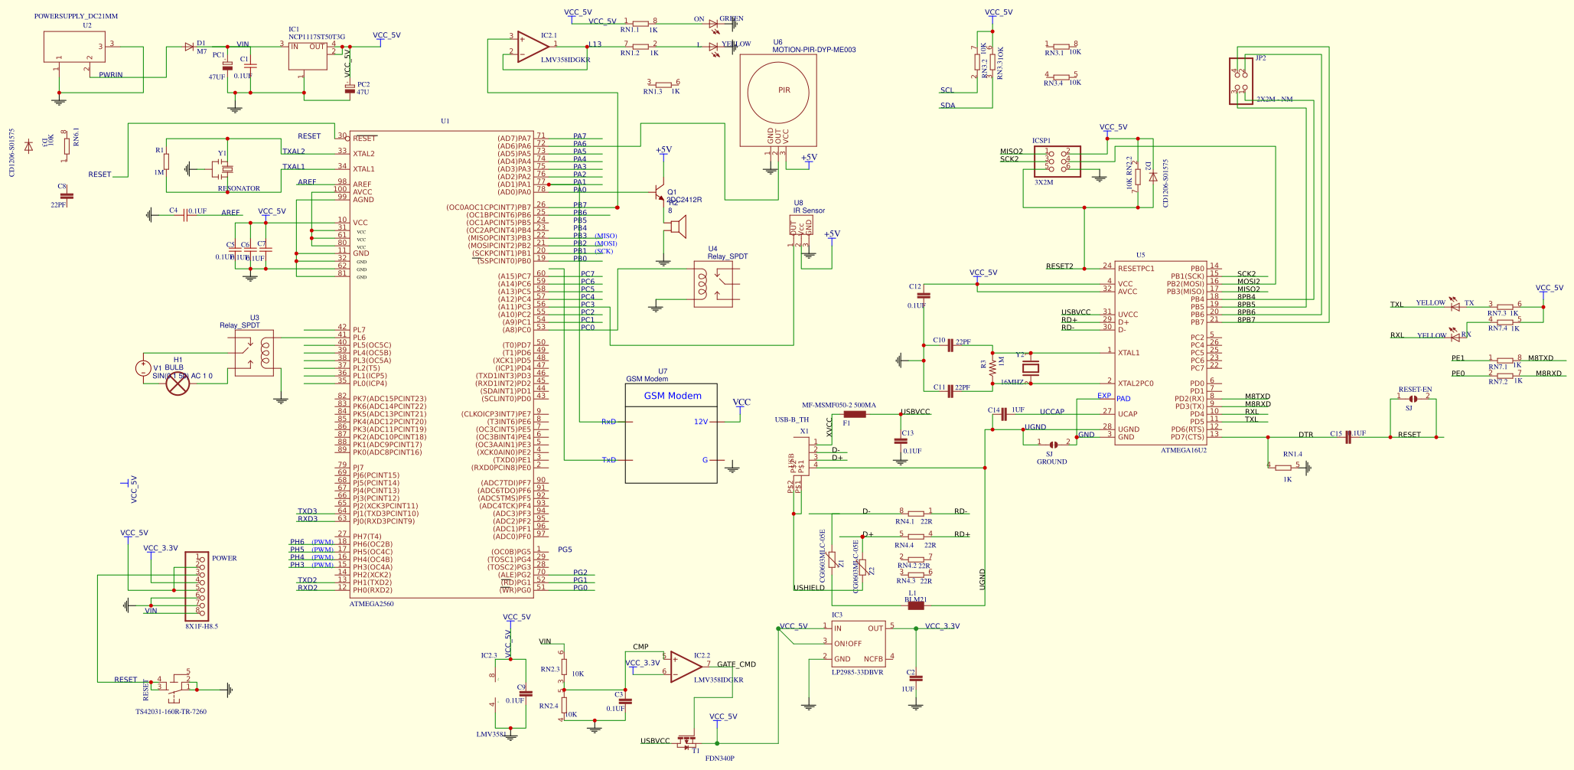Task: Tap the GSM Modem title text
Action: [x=673, y=396]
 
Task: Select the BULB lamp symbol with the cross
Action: [x=178, y=384]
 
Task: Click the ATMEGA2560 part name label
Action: [x=371, y=604]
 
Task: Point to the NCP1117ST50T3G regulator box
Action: [x=308, y=56]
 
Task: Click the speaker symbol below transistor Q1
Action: [x=677, y=227]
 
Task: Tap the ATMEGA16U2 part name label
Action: [x=1184, y=450]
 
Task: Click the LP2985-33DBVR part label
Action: [x=857, y=672]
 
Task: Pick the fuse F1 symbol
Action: [x=854, y=414]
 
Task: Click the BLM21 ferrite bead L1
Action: [x=915, y=605]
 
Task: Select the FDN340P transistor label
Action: [x=719, y=759]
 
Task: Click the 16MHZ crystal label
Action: [x=1012, y=382]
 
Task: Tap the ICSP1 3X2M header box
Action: [x=1057, y=162]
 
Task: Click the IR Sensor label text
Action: [x=809, y=210]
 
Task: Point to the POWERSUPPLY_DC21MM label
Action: [x=76, y=16]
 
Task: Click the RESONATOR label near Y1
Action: [x=239, y=188]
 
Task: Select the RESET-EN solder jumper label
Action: [x=1415, y=390]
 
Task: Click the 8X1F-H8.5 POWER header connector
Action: [x=197, y=586]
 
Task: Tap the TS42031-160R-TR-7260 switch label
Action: [x=171, y=712]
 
